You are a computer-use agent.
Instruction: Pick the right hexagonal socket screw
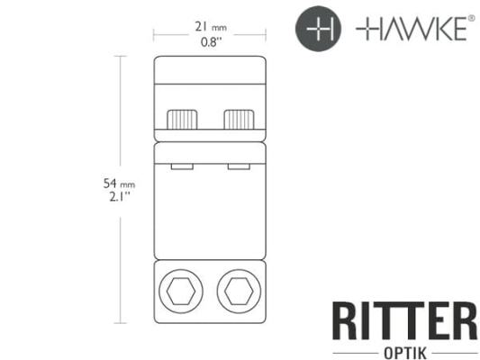[x=239, y=292]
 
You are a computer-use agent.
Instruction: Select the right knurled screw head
[x=239, y=118]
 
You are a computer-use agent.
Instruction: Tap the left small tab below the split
[x=182, y=166]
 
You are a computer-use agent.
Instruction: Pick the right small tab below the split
[x=239, y=166]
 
